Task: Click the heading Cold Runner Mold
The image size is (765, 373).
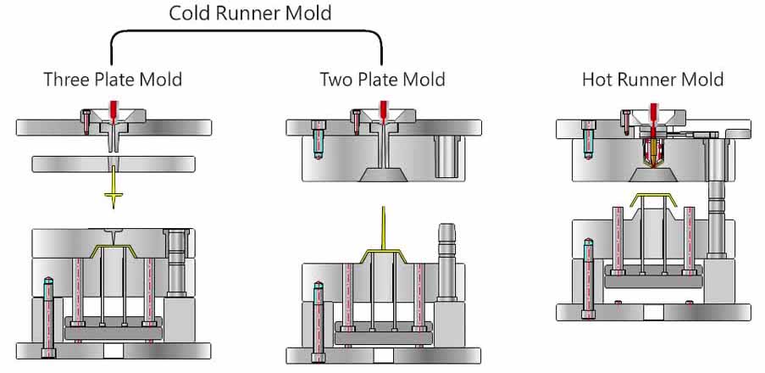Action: [249, 13]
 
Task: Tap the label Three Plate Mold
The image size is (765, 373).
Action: [113, 80]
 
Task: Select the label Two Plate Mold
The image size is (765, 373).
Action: [382, 80]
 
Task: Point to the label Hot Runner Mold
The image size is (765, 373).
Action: [652, 80]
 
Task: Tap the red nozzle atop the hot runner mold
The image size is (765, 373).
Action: [652, 110]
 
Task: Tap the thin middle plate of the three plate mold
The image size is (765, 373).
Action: [114, 163]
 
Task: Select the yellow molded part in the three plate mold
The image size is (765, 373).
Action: [114, 251]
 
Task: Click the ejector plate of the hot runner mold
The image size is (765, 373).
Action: [652, 278]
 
